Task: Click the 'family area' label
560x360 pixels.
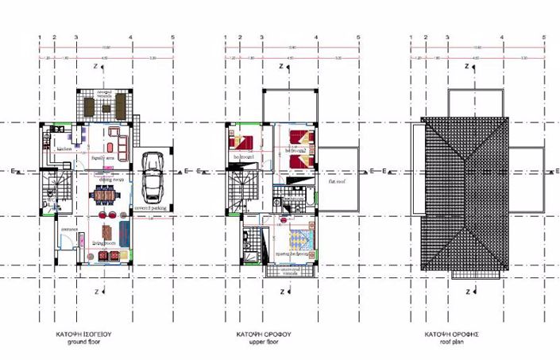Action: click(104, 159)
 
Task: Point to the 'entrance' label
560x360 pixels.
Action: click(67, 229)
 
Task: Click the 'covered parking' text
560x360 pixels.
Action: click(150, 208)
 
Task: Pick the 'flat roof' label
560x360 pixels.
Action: click(336, 180)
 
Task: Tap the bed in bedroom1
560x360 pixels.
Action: click(239, 143)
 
